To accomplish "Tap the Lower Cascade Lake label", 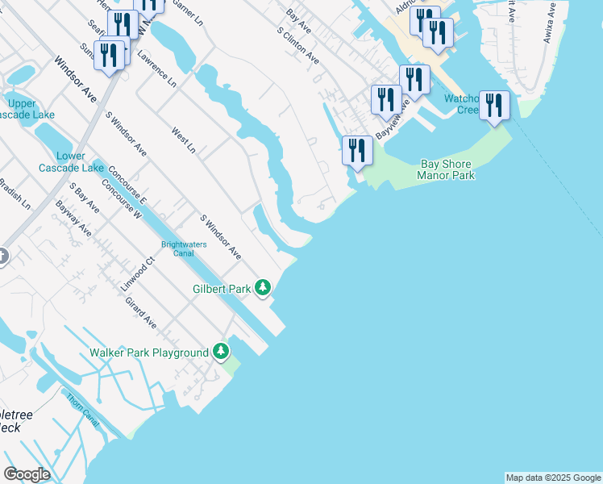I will click(x=71, y=162).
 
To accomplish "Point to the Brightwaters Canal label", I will click(x=184, y=250).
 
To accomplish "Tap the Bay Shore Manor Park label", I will click(x=447, y=169).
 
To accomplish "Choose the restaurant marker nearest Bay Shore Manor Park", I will click(x=356, y=151).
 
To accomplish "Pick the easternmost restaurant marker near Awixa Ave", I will click(x=494, y=106).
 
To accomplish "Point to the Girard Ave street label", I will click(x=140, y=312).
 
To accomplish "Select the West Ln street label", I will click(x=184, y=139).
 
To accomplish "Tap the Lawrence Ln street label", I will click(x=156, y=69).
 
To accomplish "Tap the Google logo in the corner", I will click(x=27, y=474).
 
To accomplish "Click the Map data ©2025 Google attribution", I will click(x=553, y=478).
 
